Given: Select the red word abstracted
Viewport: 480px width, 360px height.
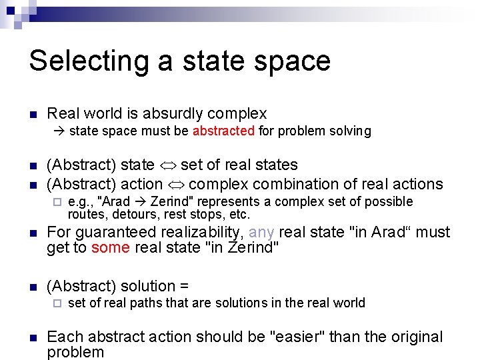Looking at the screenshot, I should [x=223, y=131].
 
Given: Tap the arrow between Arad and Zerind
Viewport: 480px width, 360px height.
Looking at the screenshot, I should [x=140, y=202].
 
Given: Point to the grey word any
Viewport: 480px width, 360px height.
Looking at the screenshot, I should [x=261, y=233].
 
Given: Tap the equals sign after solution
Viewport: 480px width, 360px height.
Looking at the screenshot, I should [x=184, y=286].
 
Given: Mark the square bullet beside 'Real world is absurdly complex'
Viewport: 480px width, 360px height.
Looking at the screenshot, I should [x=32, y=115].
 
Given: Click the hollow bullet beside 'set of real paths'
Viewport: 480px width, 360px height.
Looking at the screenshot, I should [x=57, y=303].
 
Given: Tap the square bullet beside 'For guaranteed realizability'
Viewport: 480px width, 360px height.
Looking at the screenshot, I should [x=32, y=233].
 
